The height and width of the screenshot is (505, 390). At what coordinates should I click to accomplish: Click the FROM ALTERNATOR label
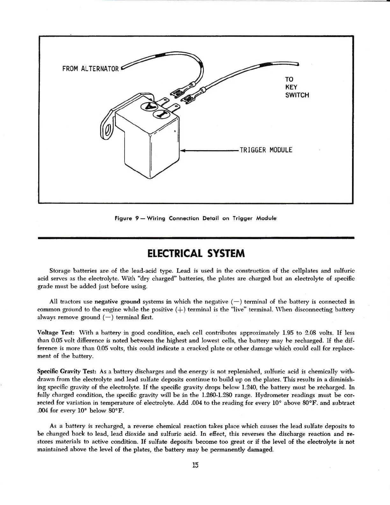point(90,69)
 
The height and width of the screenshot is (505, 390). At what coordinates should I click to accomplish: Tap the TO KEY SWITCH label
point(297,87)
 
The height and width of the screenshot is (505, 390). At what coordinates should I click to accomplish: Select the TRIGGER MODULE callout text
point(266,150)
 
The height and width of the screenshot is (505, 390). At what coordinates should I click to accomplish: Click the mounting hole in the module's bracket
point(108,130)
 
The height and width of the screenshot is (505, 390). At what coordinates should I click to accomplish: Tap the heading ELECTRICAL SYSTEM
point(196,253)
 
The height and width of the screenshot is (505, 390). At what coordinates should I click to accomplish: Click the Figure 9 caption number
point(136,219)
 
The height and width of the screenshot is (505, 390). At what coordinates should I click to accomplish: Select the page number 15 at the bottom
point(195,465)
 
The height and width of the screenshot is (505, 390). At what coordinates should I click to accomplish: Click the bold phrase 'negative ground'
point(117,302)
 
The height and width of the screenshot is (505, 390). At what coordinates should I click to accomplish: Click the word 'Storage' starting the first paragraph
point(61,271)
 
